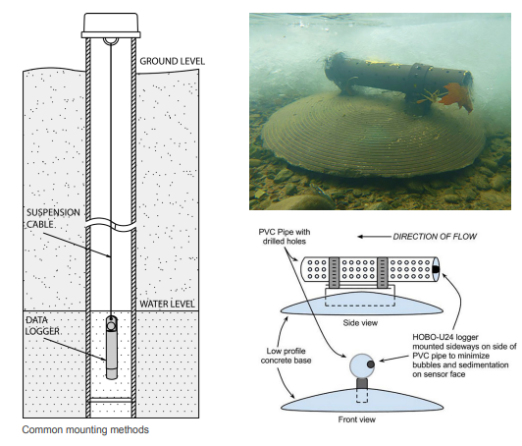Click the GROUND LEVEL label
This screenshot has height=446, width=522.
pyautogui.click(x=172, y=61)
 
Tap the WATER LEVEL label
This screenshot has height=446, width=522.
pyautogui.click(x=167, y=304)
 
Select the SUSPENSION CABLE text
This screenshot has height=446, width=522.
pyautogui.click(x=53, y=218)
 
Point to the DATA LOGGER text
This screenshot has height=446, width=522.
pyautogui.click(x=43, y=326)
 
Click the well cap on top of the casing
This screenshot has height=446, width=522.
pyautogui.click(x=111, y=26)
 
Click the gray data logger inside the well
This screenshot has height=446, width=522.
pyautogui.click(x=112, y=348)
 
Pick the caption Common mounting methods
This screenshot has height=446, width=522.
pyautogui.click(x=85, y=429)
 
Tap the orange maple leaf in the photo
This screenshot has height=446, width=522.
pyautogui.click(x=456, y=96)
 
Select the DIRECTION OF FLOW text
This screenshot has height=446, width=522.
pyautogui.click(x=435, y=237)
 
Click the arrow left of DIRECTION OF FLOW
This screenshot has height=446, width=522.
pyautogui.click(x=375, y=237)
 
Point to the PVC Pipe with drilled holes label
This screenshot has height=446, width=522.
pyautogui.click(x=285, y=237)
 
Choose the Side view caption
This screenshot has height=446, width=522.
pyautogui.click(x=360, y=322)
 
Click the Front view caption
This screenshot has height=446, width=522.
pyautogui.click(x=357, y=419)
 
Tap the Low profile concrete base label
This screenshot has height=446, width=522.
pyautogui.click(x=286, y=356)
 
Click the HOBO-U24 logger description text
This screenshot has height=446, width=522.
pyautogui.click(x=464, y=356)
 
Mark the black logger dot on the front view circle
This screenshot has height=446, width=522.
pyautogui.click(x=371, y=364)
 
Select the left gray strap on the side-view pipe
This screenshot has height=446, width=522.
pyautogui.click(x=334, y=272)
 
